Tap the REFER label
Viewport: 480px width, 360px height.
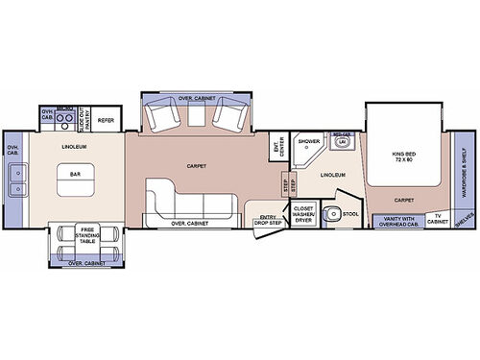106,120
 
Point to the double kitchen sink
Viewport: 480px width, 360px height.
15,179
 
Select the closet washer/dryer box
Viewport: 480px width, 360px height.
303,213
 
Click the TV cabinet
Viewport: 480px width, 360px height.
437,220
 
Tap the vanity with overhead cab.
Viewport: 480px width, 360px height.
397,220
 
